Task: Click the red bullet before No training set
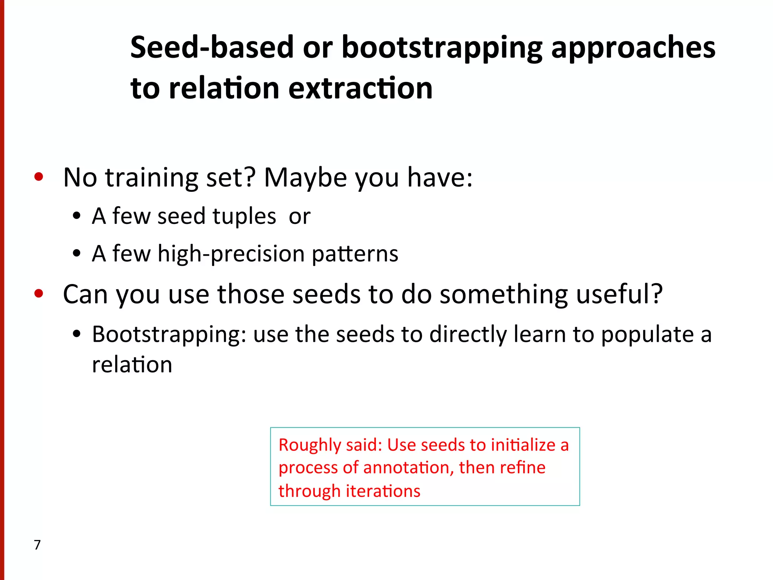38,177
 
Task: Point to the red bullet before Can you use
38,293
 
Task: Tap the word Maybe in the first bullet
305,178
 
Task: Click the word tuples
244,216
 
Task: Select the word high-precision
231,254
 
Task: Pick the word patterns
355,254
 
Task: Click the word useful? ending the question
619,294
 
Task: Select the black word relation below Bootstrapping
132,365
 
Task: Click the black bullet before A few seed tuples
77,216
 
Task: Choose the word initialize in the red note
523,445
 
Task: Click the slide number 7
37,545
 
